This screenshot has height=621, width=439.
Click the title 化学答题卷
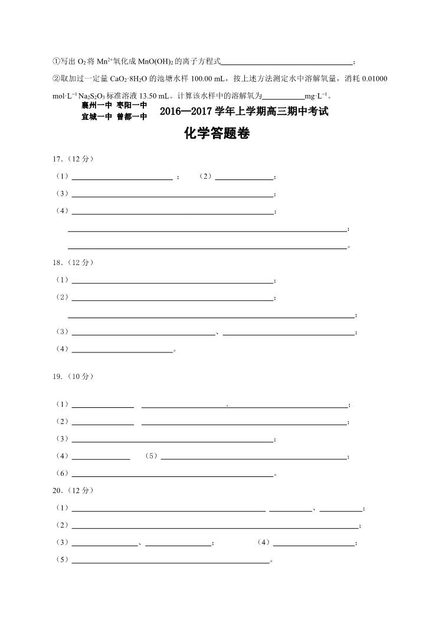pyautogui.click(x=217, y=134)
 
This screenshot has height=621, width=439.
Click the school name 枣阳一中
pyautogui.click(x=132, y=106)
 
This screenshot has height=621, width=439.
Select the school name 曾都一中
pyautogui.click(x=132, y=117)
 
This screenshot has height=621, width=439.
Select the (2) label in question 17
pyautogui.click(x=205, y=177)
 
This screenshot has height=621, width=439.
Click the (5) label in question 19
pyautogui.click(x=152, y=456)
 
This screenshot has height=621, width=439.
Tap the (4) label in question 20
pyautogui.click(x=264, y=542)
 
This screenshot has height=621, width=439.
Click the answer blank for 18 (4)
pyautogui.click(x=122, y=350)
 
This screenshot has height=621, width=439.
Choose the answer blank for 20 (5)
pyautogui.click(x=171, y=560)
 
